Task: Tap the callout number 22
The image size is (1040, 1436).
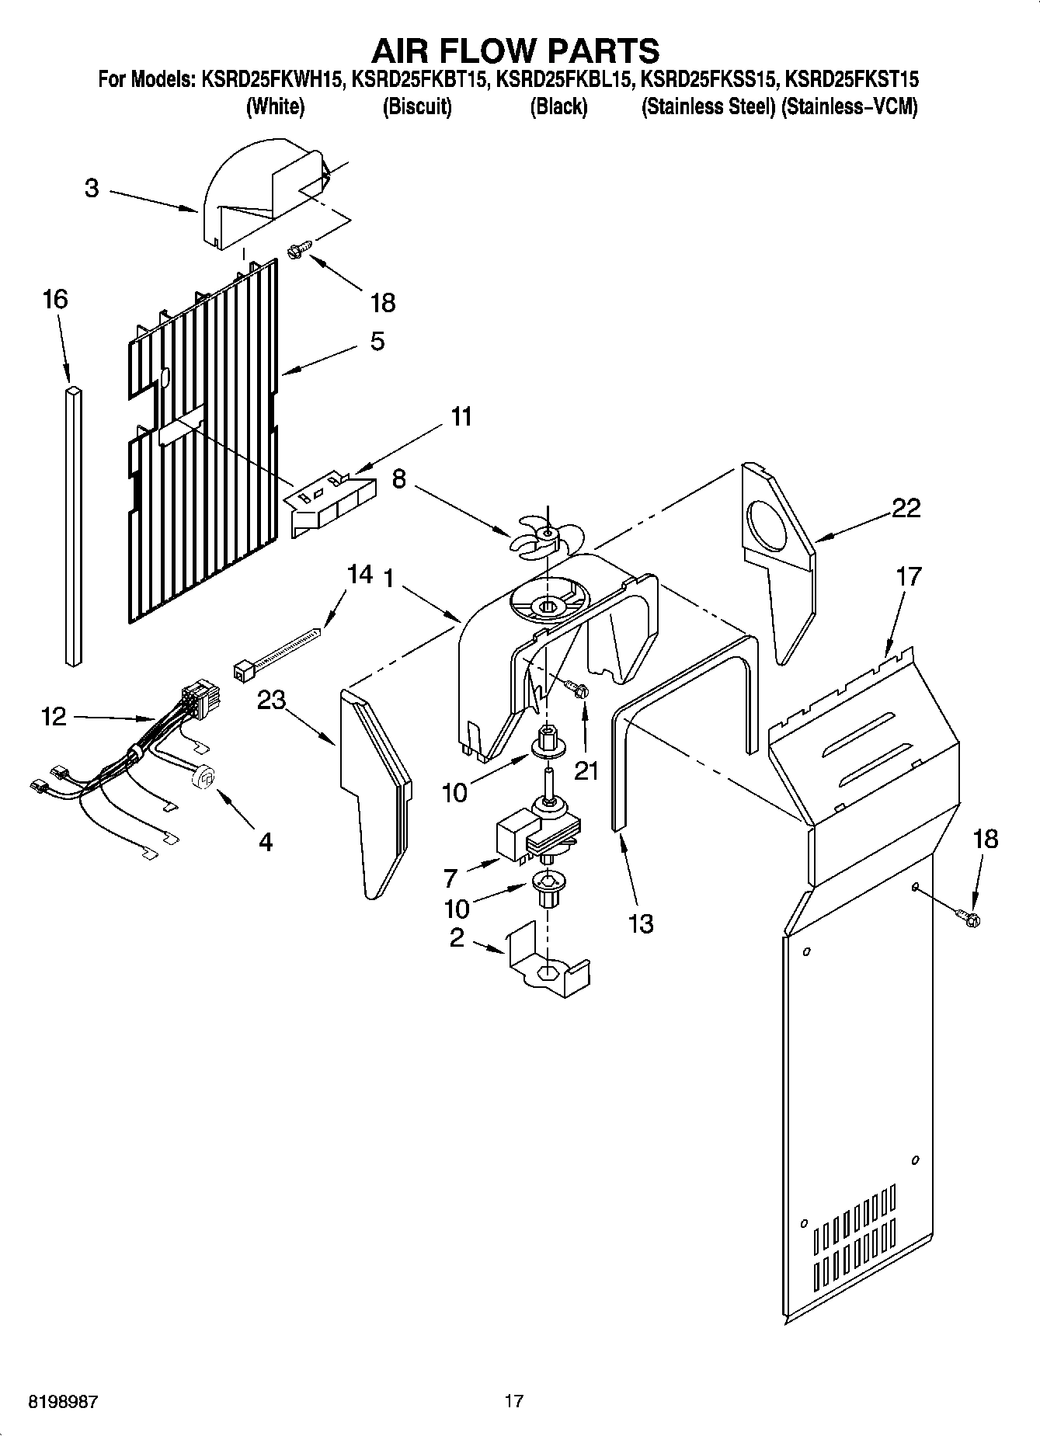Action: (x=906, y=508)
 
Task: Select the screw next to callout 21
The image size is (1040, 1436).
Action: (x=576, y=689)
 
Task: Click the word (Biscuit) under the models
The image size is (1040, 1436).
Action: (x=416, y=107)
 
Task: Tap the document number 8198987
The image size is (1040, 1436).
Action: (x=63, y=1402)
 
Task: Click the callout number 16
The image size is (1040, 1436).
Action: (x=55, y=299)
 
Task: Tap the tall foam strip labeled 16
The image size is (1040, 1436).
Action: (x=73, y=528)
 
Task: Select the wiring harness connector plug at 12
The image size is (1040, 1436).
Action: (x=200, y=694)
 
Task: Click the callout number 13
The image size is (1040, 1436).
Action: (x=641, y=923)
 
